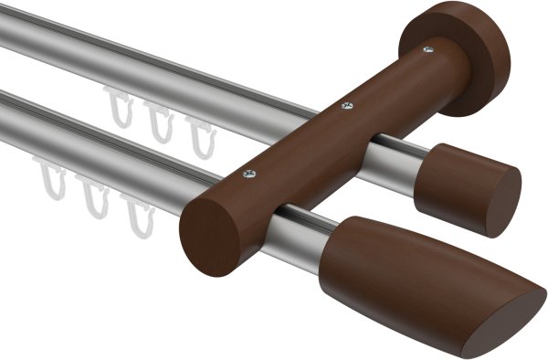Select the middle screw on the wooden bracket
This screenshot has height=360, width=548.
click(345, 107)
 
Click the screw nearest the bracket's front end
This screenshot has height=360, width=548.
click(251, 173)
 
